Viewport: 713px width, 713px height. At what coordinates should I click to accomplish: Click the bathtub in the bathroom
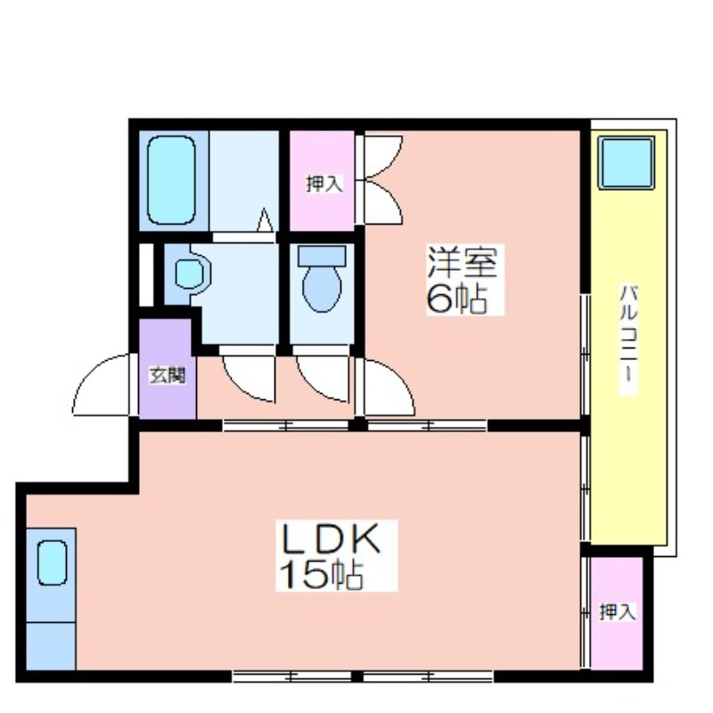point(171,180)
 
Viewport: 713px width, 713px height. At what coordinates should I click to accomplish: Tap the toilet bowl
point(322,288)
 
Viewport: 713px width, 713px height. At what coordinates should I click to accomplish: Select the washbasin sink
point(189,274)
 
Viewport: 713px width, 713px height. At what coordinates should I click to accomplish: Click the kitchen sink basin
point(52,563)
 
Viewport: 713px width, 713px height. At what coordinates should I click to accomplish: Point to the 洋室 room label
point(462,262)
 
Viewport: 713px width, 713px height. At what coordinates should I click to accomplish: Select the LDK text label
point(332,539)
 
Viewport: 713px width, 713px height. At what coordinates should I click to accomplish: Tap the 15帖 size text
point(322,575)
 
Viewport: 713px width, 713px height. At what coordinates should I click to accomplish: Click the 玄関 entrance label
point(168,375)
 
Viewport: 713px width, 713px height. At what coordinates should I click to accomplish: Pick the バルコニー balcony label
point(629,333)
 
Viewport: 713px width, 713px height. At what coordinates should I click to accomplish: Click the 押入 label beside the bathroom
point(324,184)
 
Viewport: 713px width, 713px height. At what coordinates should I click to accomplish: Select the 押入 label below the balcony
point(617,611)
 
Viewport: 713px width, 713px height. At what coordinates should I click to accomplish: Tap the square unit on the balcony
point(627,162)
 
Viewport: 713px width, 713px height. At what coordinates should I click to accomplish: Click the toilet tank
point(322,256)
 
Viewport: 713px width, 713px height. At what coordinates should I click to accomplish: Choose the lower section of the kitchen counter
point(51,645)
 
